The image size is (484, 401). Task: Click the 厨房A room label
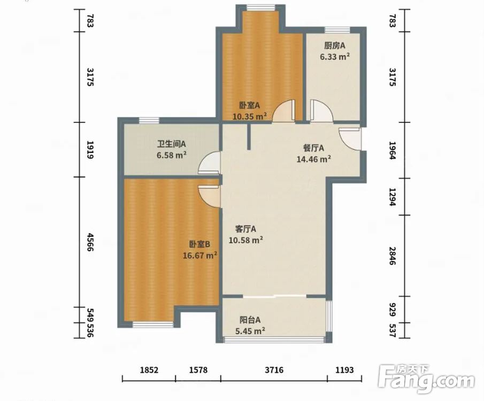click(335, 45)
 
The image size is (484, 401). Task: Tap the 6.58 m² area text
click(171, 155)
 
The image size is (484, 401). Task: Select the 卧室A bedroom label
click(249, 105)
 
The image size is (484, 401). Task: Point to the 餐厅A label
click(313, 148)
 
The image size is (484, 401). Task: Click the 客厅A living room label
click(245, 229)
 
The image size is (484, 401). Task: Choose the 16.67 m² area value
click(199, 255)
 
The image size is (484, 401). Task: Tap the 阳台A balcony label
click(250, 320)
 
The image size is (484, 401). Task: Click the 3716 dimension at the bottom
click(274, 369)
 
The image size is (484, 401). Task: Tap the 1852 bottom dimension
click(149, 369)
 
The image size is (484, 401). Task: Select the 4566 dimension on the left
click(90, 242)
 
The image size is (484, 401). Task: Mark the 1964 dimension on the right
click(392, 150)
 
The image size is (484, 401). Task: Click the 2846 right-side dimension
click(392, 256)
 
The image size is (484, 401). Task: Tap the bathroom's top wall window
click(149, 120)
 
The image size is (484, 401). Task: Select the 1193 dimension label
click(344, 369)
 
